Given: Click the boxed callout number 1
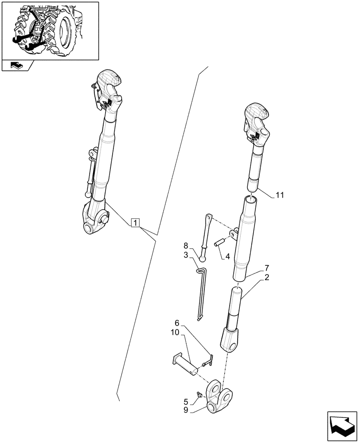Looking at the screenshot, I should click(x=136, y=222).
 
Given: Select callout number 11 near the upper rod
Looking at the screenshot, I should click(x=280, y=194).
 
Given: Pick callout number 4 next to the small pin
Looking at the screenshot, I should click(x=228, y=256).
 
